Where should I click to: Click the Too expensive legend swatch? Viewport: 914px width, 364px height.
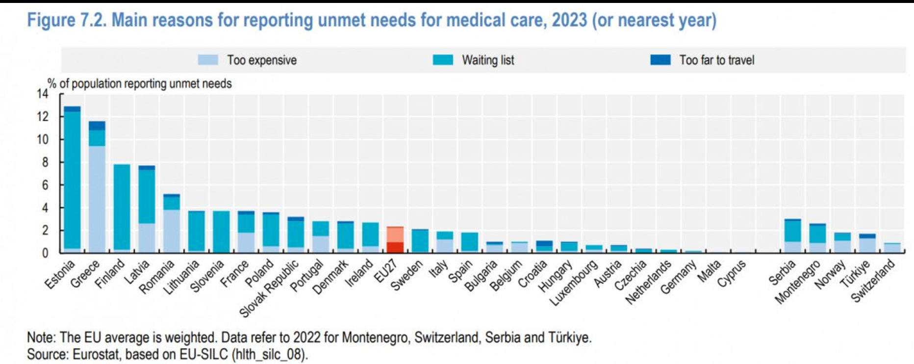point(208,60)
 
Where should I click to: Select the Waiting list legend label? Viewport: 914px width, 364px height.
point(488,60)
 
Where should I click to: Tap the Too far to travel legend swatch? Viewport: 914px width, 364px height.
point(660,60)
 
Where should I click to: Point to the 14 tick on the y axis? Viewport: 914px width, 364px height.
point(43,94)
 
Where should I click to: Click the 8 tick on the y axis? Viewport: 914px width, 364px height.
point(45,162)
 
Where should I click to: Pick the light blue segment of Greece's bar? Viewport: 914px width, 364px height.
point(97,199)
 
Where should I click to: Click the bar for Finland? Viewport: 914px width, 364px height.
point(122,208)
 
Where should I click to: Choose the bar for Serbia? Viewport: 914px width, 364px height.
point(792,235)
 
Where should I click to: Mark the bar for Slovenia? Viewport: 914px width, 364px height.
point(221,232)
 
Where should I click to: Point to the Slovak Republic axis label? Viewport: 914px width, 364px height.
point(269,289)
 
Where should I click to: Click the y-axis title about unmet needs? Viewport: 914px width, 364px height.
point(140,84)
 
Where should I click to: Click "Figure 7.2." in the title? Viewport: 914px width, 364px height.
point(66,21)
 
